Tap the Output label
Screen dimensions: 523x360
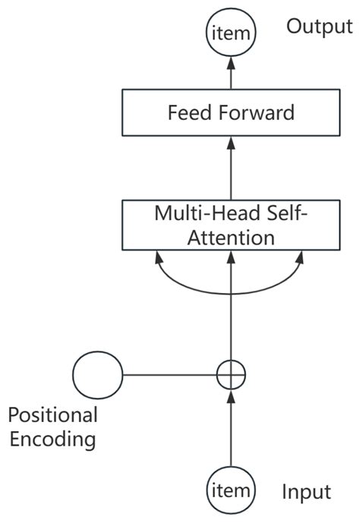319,27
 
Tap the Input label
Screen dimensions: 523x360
306,493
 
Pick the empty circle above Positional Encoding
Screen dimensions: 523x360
97,374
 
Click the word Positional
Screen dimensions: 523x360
52,414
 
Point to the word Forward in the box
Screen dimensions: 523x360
257,114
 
